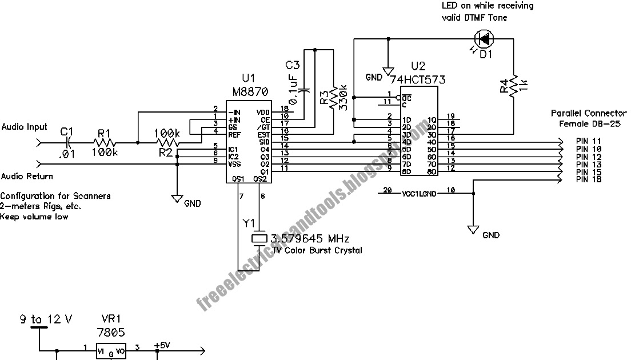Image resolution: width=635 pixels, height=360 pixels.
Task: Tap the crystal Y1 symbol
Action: point(259,238)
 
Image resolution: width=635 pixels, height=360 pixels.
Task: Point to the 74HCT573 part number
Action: point(420,79)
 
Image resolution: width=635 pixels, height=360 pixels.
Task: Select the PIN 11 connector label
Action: point(589,141)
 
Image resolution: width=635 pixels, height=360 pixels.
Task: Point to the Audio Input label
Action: point(24,127)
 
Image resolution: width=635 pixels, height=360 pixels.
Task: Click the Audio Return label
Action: point(27,177)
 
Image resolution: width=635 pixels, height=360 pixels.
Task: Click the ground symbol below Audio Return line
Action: point(178,199)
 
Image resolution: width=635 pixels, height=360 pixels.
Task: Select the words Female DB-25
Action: point(588,124)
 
